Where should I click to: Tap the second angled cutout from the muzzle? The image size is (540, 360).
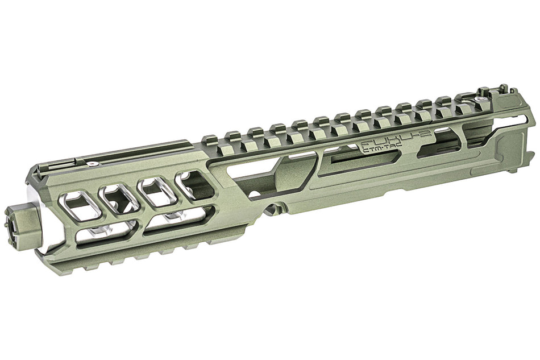coord(119,196)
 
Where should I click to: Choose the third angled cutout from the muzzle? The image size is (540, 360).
coord(156,189)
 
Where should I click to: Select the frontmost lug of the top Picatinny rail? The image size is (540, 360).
coord(209,138)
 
